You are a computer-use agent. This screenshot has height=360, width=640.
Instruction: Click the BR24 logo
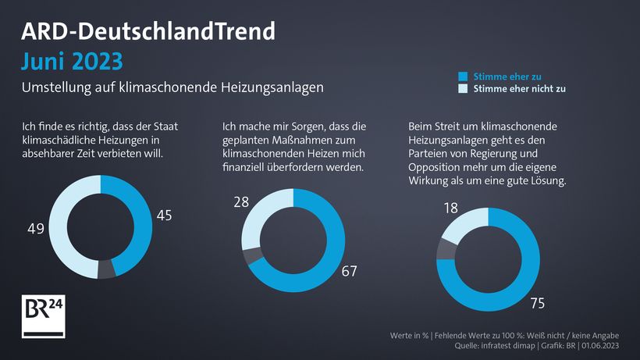(43, 316)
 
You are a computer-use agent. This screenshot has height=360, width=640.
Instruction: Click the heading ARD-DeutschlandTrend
(148, 30)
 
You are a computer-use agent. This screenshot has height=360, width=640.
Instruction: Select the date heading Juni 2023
(72, 61)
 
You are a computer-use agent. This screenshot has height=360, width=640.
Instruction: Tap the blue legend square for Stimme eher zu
(463, 77)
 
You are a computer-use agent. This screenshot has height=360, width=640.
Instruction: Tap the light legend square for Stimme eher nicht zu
(463, 89)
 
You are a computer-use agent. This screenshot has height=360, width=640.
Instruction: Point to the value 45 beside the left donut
(165, 215)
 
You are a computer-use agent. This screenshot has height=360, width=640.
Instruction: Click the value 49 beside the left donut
(36, 230)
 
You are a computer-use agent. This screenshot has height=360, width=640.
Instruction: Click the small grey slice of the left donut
(107, 269)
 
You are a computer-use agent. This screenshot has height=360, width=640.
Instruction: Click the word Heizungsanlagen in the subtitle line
(276, 88)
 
